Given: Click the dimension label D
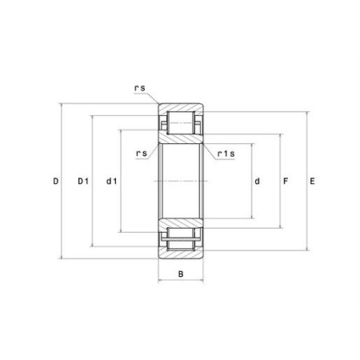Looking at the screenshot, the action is (x=55, y=182).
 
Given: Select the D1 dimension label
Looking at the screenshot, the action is (x=83, y=182).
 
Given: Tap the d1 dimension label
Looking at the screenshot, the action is (x=111, y=182).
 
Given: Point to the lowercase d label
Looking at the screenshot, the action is (x=257, y=182).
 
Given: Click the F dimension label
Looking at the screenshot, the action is (x=286, y=182).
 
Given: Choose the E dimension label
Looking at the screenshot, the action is (x=312, y=182).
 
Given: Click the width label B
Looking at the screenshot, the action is (x=181, y=274).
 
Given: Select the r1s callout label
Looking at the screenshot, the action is (x=226, y=154).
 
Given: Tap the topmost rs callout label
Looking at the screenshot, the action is (x=140, y=88).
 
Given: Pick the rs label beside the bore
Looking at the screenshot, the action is (x=142, y=154).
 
